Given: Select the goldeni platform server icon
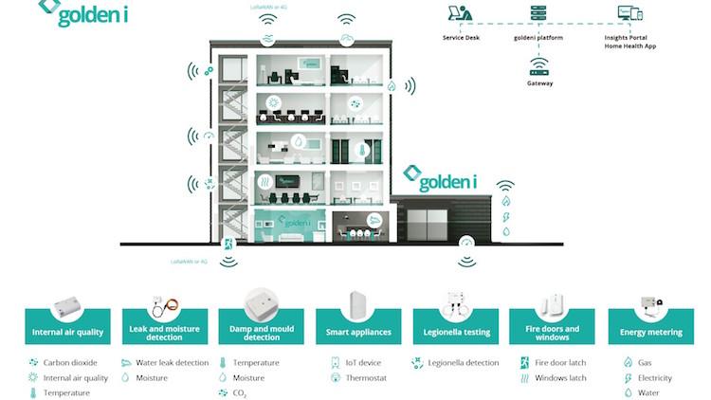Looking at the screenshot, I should coord(538,16).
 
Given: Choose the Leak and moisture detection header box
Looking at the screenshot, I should coord(162,333).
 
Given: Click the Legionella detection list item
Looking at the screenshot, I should coord(462,362).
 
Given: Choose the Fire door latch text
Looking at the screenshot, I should coord(559,362).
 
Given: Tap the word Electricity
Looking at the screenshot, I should coord(654,377).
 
